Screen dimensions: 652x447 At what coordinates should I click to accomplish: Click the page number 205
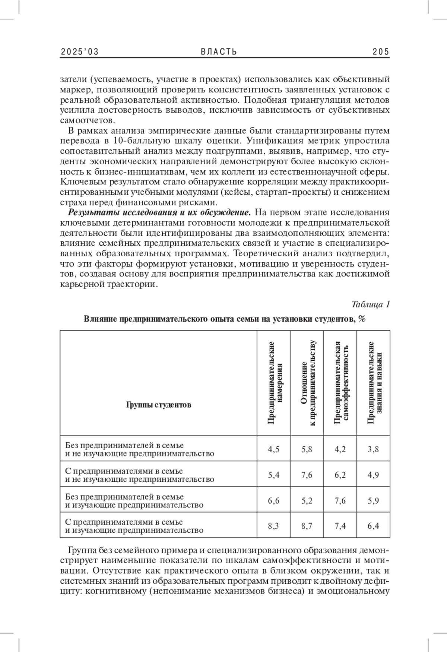(x=381, y=52)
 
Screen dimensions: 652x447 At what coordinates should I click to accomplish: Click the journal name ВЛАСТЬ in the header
(x=219, y=52)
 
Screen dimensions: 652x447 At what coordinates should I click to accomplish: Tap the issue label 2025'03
(x=79, y=52)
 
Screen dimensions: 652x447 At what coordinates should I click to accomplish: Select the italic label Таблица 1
(x=371, y=304)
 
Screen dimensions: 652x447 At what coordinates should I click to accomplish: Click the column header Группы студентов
(x=159, y=405)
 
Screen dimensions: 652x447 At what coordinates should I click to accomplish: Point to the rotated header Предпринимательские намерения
(x=273, y=383)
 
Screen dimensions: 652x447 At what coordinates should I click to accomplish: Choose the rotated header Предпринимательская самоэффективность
(x=340, y=383)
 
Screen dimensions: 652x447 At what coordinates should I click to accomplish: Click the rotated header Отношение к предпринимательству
(x=307, y=383)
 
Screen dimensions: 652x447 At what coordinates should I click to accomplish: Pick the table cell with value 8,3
(x=273, y=526)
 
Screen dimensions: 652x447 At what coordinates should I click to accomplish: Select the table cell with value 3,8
(x=373, y=449)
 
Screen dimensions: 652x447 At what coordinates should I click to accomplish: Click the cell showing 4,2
(x=340, y=449)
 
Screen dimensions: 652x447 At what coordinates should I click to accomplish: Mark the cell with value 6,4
(x=373, y=526)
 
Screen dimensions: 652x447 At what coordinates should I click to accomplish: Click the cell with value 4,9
(x=373, y=475)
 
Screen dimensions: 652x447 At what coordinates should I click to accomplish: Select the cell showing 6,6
(x=273, y=500)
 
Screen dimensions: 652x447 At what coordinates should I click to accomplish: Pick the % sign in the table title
(x=362, y=319)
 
